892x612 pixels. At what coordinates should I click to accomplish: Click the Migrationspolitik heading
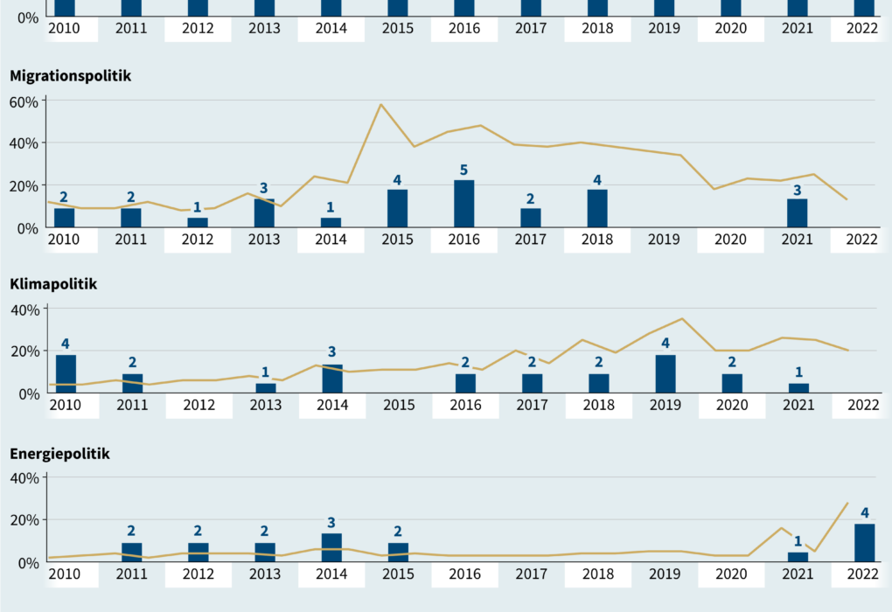pos(70,76)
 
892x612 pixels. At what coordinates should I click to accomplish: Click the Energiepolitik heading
pos(59,453)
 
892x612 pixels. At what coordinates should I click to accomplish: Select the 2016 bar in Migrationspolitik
pos(464,204)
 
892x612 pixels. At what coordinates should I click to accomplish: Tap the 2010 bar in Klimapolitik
pos(66,374)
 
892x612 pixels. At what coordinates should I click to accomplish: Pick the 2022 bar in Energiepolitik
pos(864,542)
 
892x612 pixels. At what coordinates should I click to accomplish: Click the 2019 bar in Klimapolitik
pos(665,374)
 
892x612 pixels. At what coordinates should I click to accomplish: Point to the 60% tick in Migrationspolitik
pos(24,101)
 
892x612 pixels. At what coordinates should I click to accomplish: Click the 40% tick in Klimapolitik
pos(24,309)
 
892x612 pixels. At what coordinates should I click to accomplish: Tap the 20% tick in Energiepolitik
pos(24,520)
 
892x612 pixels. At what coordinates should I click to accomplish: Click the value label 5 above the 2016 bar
pos(464,170)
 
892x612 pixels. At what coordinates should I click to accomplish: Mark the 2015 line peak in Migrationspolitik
pos(380,105)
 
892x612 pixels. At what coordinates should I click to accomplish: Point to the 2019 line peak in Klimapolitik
pos(681,319)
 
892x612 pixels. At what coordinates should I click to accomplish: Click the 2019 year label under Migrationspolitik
pos(664,238)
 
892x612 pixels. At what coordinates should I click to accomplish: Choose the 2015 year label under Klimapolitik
pos(398,405)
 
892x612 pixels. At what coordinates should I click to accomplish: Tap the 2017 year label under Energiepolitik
pos(531,574)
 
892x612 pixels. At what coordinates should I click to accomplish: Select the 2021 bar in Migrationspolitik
pos(798,212)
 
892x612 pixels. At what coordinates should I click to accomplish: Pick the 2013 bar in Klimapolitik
pos(266,388)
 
